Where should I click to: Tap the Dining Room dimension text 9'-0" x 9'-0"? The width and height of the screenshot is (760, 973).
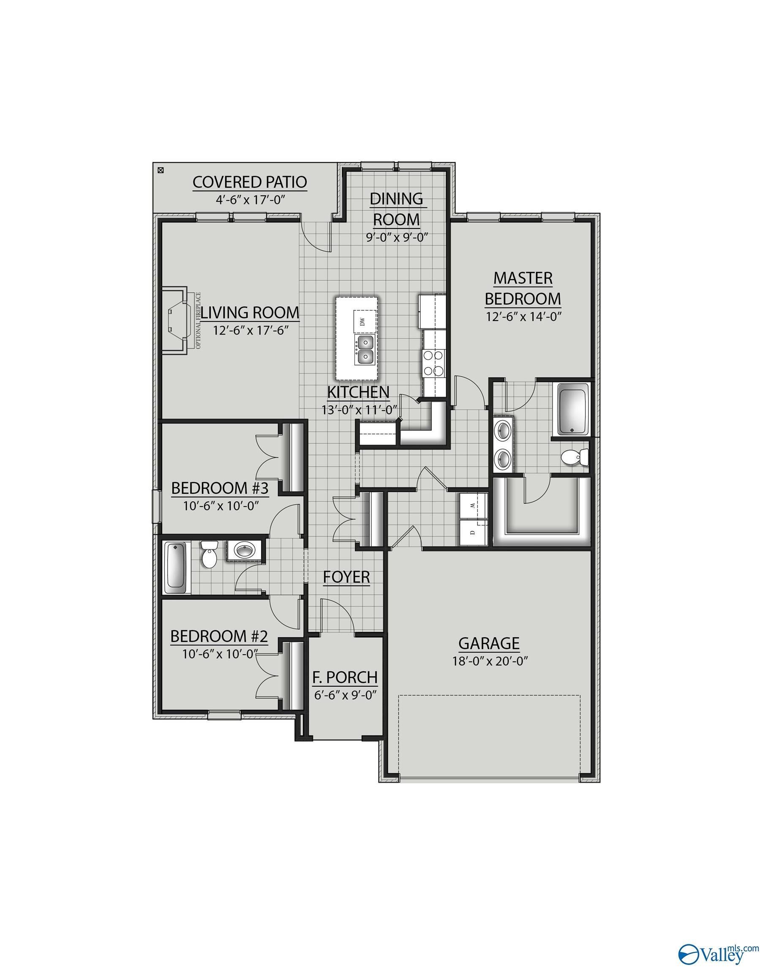point(397,236)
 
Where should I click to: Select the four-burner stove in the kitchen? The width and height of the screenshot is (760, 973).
point(434,363)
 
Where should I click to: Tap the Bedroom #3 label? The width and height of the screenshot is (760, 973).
point(220,488)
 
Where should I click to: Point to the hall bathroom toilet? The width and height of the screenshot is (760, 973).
point(208,555)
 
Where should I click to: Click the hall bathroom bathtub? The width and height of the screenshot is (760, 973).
point(175,567)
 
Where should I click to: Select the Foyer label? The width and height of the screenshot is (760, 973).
point(346,577)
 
